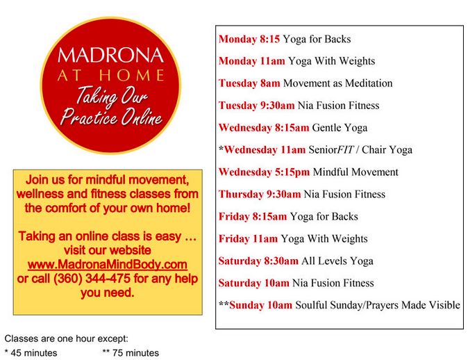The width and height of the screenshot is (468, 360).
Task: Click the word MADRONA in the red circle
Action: pyautogui.click(x=110, y=55)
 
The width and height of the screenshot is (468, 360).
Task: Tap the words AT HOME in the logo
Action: pyautogui.click(x=110, y=75)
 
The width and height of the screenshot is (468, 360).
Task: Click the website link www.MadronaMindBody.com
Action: pyautogui.click(x=108, y=264)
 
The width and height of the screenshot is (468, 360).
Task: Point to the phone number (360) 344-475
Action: pyautogui.click(x=92, y=279)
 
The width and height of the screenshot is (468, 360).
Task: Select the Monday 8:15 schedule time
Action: pyautogui.click(x=249, y=39)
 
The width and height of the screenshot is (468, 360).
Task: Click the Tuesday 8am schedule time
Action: pyautogui.click(x=249, y=83)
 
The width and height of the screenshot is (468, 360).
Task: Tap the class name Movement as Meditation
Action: pyautogui.click(x=338, y=83)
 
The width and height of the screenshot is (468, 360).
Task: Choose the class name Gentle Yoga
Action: pyautogui.click(x=340, y=128)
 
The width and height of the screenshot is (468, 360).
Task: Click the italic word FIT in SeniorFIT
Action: pyautogui.click(x=345, y=149)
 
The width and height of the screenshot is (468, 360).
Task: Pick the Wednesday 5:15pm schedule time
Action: pyautogui.click(x=264, y=172)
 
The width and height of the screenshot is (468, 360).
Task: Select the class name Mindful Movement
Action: pyautogui.click(x=356, y=172)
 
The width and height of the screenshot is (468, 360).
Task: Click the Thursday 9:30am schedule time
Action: pyautogui.click(x=260, y=194)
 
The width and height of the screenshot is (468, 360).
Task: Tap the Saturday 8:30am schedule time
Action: pyautogui.click(x=258, y=261)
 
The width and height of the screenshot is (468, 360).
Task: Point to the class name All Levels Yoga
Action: pyautogui.click(x=337, y=261)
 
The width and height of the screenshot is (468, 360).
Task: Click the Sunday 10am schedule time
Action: pyautogui.click(x=260, y=305)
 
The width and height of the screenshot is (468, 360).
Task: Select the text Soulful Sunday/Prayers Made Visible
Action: pyautogui.click(x=378, y=305)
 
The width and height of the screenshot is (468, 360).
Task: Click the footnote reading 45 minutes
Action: pyautogui.click(x=34, y=353)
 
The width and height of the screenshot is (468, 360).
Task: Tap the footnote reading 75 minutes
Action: pyautogui.click(x=135, y=353)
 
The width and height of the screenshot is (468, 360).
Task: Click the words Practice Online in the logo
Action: pyautogui.click(x=111, y=117)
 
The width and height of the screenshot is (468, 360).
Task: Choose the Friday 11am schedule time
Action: pyautogui.click(x=248, y=238)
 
